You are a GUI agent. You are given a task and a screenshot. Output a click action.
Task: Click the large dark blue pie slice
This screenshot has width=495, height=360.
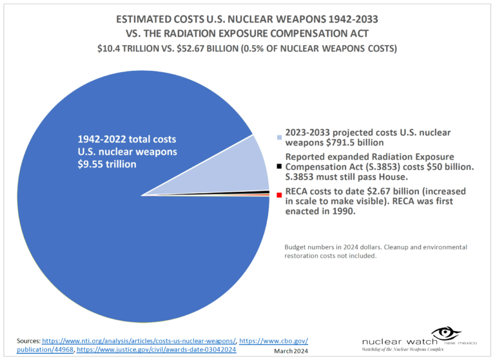pyautogui.click(x=129, y=245)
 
